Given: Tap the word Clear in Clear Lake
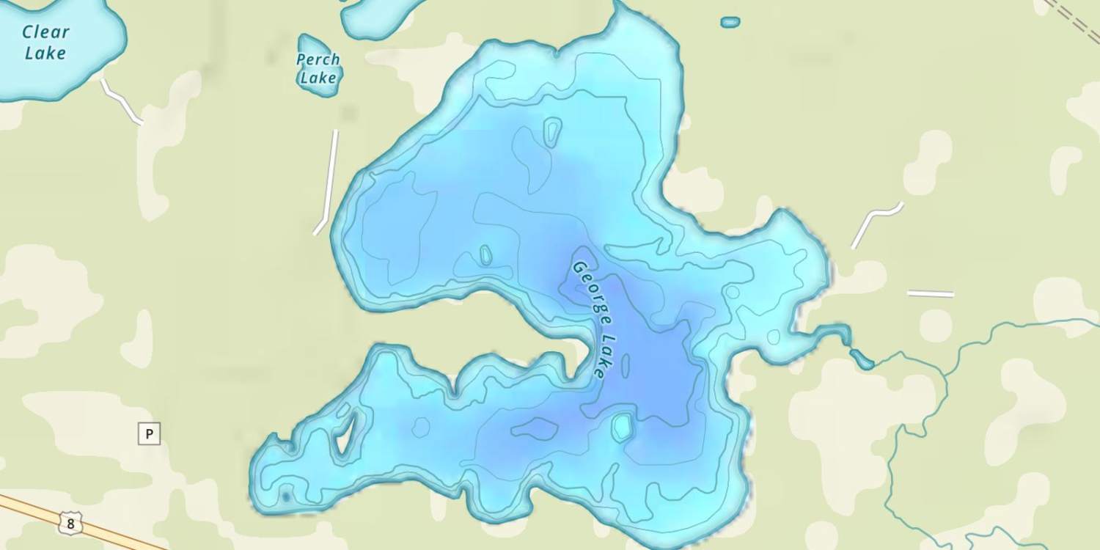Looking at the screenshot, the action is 45,32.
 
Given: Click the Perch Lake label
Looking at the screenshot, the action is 318,68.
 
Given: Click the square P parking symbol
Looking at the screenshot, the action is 149,434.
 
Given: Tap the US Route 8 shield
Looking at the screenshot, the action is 70,524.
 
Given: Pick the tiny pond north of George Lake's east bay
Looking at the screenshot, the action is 730,22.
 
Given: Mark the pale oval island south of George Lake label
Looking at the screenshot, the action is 622,427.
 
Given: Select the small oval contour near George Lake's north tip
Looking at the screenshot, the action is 551,132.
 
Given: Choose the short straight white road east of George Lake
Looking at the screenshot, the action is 930,294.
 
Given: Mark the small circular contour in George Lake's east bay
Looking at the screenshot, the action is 732,292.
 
